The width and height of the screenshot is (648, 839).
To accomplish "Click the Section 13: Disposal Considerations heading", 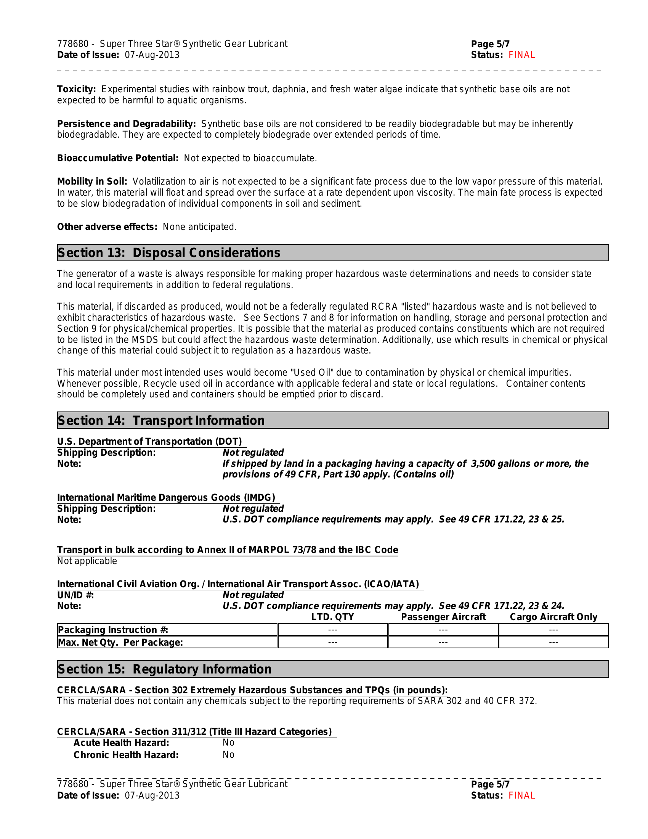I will [x=169, y=253].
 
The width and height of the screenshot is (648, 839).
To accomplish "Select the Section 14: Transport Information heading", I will [x=161, y=421].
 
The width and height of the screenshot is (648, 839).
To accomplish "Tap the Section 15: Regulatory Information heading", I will [x=164, y=669].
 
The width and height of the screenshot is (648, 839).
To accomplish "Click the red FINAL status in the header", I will [x=521, y=55].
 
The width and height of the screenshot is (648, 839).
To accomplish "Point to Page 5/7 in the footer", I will [x=490, y=784].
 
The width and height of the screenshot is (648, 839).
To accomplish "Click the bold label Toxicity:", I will [x=76, y=89].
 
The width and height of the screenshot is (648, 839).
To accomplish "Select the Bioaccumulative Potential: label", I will [x=117, y=158].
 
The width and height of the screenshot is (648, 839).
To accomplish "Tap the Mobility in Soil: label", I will [x=92, y=181].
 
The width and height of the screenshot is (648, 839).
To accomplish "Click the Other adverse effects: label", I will [x=107, y=227].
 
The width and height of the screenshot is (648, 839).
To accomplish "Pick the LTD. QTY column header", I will [x=332, y=617].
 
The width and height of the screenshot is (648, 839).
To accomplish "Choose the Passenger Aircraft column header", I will [x=443, y=617].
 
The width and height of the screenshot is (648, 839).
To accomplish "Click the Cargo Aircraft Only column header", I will [x=553, y=617].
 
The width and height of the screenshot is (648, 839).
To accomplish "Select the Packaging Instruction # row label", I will [x=113, y=630].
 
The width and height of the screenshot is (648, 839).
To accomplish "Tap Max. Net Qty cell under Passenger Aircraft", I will [x=443, y=642].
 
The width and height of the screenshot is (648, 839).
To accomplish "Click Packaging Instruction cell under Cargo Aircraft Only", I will [x=553, y=630].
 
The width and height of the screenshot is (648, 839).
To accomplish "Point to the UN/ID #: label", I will [x=75, y=595].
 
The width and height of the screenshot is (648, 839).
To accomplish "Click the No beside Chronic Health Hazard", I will [x=228, y=755].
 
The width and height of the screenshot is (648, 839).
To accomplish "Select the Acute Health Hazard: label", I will [x=121, y=743].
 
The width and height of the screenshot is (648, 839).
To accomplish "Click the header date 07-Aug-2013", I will [x=152, y=55].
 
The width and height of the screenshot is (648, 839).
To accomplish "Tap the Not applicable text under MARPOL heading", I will [x=87, y=561].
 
